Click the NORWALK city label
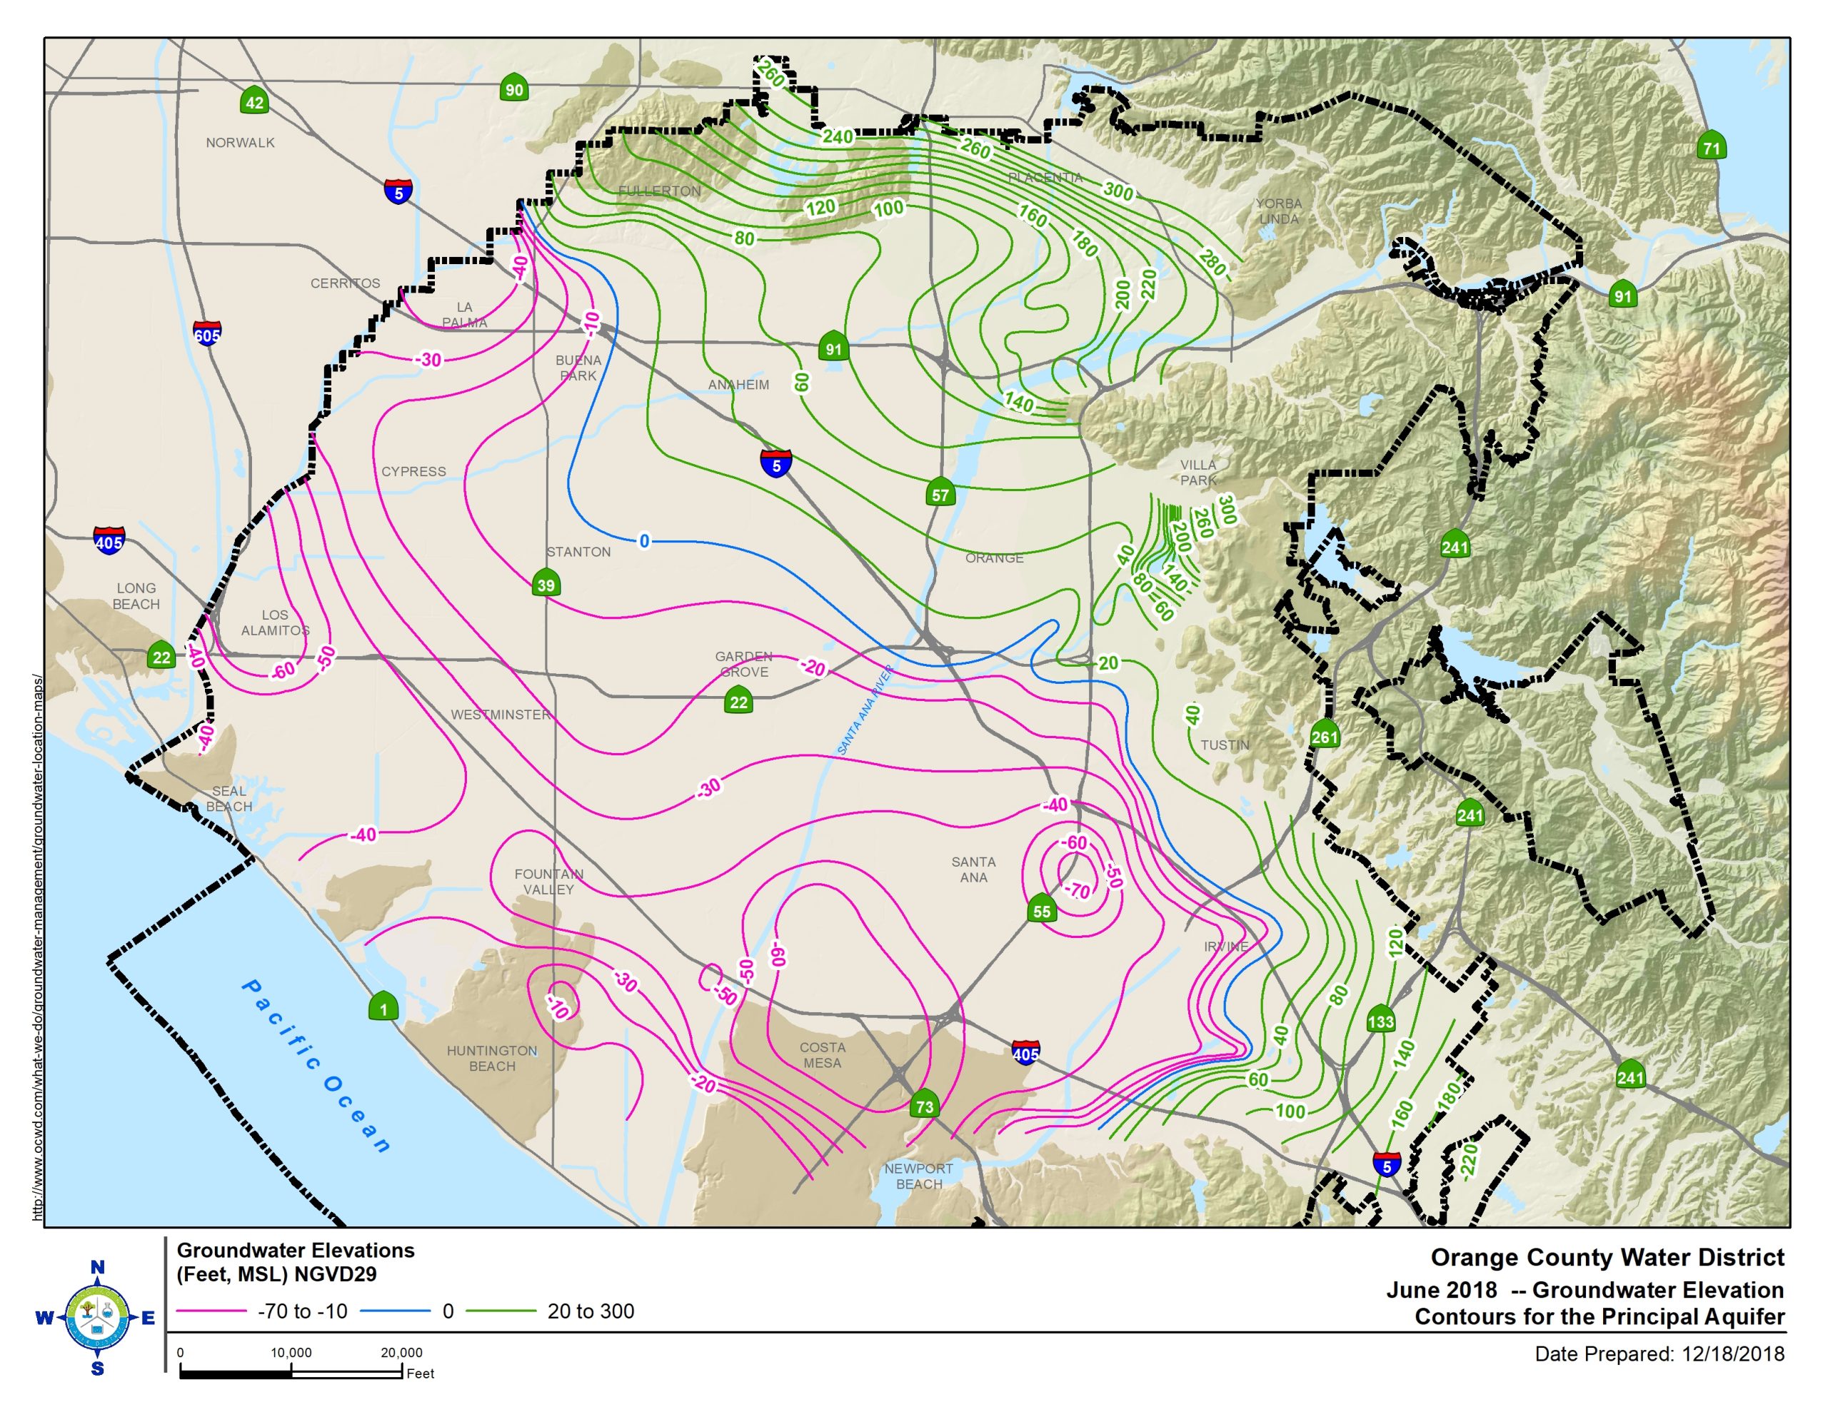(x=240, y=142)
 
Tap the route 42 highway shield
(x=254, y=102)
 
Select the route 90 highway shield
(x=514, y=89)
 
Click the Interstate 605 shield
(x=207, y=335)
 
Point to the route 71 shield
(x=1712, y=147)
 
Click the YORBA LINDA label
(x=1278, y=211)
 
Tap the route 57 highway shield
(x=940, y=494)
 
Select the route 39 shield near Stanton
(x=546, y=584)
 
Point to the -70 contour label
(x=1079, y=891)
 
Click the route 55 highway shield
(x=1041, y=911)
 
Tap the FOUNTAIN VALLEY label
(x=548, y=882)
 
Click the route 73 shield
(x=924, y=1106)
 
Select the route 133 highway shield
(x=1380, y=1020)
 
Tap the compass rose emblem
(x=97, y=1318)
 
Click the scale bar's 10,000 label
(x=291, y=1353)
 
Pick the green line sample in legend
(x=501, y=1311)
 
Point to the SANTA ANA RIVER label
(x=865, y=710)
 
